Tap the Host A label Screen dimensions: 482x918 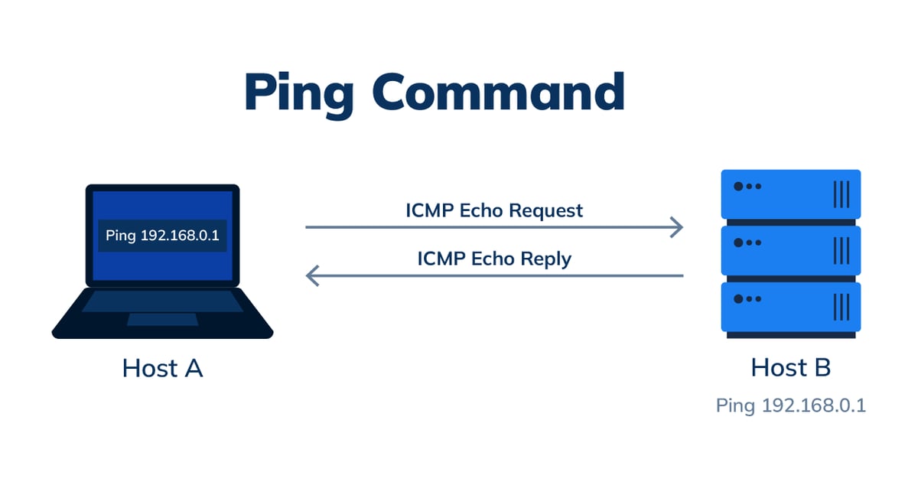[162, 369]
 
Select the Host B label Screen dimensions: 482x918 [790, 368]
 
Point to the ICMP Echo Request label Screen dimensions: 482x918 [494, 210]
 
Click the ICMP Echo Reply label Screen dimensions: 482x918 [494, 259]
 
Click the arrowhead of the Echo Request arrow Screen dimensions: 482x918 [676, 227]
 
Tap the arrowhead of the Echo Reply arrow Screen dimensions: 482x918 [312, 275]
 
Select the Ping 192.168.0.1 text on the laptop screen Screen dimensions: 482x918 [162, 235]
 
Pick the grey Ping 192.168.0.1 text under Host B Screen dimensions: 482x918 [790, 405]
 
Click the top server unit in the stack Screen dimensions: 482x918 [791, 194]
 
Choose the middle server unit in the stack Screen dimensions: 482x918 [791, 250]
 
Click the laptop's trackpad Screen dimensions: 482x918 [161, 319]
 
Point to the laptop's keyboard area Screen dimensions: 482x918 [161, 301]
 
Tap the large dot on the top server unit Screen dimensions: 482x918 [738, 187]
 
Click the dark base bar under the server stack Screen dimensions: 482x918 [791, 335]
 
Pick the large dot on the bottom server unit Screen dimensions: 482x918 [738, 299]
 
